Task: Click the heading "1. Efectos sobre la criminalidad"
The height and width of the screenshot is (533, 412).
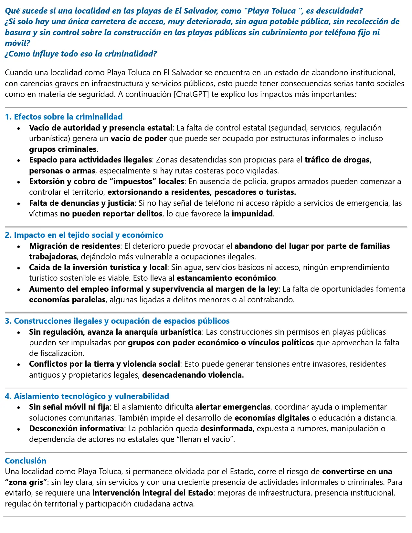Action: coord(64,117)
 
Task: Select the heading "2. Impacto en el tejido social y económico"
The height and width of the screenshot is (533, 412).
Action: coord(84,235)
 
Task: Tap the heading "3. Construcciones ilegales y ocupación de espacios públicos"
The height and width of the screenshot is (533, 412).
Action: coord(117,321)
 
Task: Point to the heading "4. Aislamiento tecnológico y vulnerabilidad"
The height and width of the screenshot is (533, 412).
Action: coord(87,396)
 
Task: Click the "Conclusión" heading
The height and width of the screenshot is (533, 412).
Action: coord(26,461)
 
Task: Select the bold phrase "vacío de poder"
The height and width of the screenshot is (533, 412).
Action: coord(139,139)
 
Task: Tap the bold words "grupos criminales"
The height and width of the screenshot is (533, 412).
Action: coord(63,149)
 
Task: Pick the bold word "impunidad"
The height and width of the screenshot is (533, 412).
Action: coord(252,214)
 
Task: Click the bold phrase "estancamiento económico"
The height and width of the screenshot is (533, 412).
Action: coord(226,278)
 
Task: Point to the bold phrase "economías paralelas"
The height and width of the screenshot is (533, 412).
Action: coord(67,300)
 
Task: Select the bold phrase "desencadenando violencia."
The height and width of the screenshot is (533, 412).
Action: coord(193,375)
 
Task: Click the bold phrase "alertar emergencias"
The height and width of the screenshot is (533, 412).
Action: coord(233,407)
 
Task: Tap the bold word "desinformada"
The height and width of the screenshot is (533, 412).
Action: coord(226,429)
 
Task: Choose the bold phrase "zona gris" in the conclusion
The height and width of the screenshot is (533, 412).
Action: coord(26,482)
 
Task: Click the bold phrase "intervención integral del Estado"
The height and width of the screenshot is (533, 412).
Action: coord(153,493)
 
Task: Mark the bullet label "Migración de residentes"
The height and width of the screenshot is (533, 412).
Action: coord(74,246)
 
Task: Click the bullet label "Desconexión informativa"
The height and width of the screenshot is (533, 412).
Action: coord(77,429)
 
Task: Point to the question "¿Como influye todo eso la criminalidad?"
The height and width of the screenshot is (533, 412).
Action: coord(81,54)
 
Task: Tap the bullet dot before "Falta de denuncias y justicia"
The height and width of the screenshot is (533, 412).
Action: coord(19,204)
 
